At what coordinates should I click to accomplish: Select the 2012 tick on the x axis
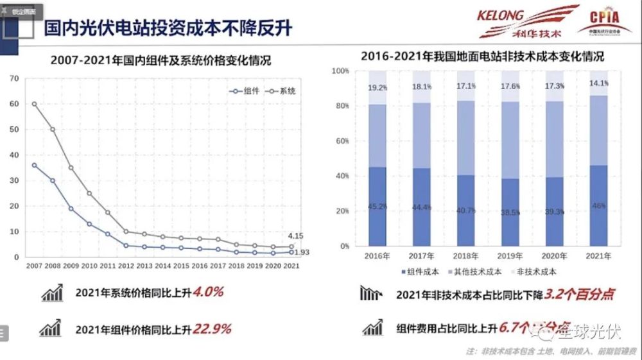[x=126, y=264]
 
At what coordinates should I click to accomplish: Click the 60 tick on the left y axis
[x=13, y=104]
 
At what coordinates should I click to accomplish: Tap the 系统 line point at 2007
[x=34, y=104]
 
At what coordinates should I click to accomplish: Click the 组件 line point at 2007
[x=34, y=165]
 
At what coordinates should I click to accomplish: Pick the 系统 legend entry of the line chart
[x=282, y=92]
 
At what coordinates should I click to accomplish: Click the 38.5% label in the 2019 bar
[x=511, y=212]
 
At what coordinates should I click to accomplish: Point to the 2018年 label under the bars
[x=467, y=255]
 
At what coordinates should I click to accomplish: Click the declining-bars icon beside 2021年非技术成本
[x=370, y=294]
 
